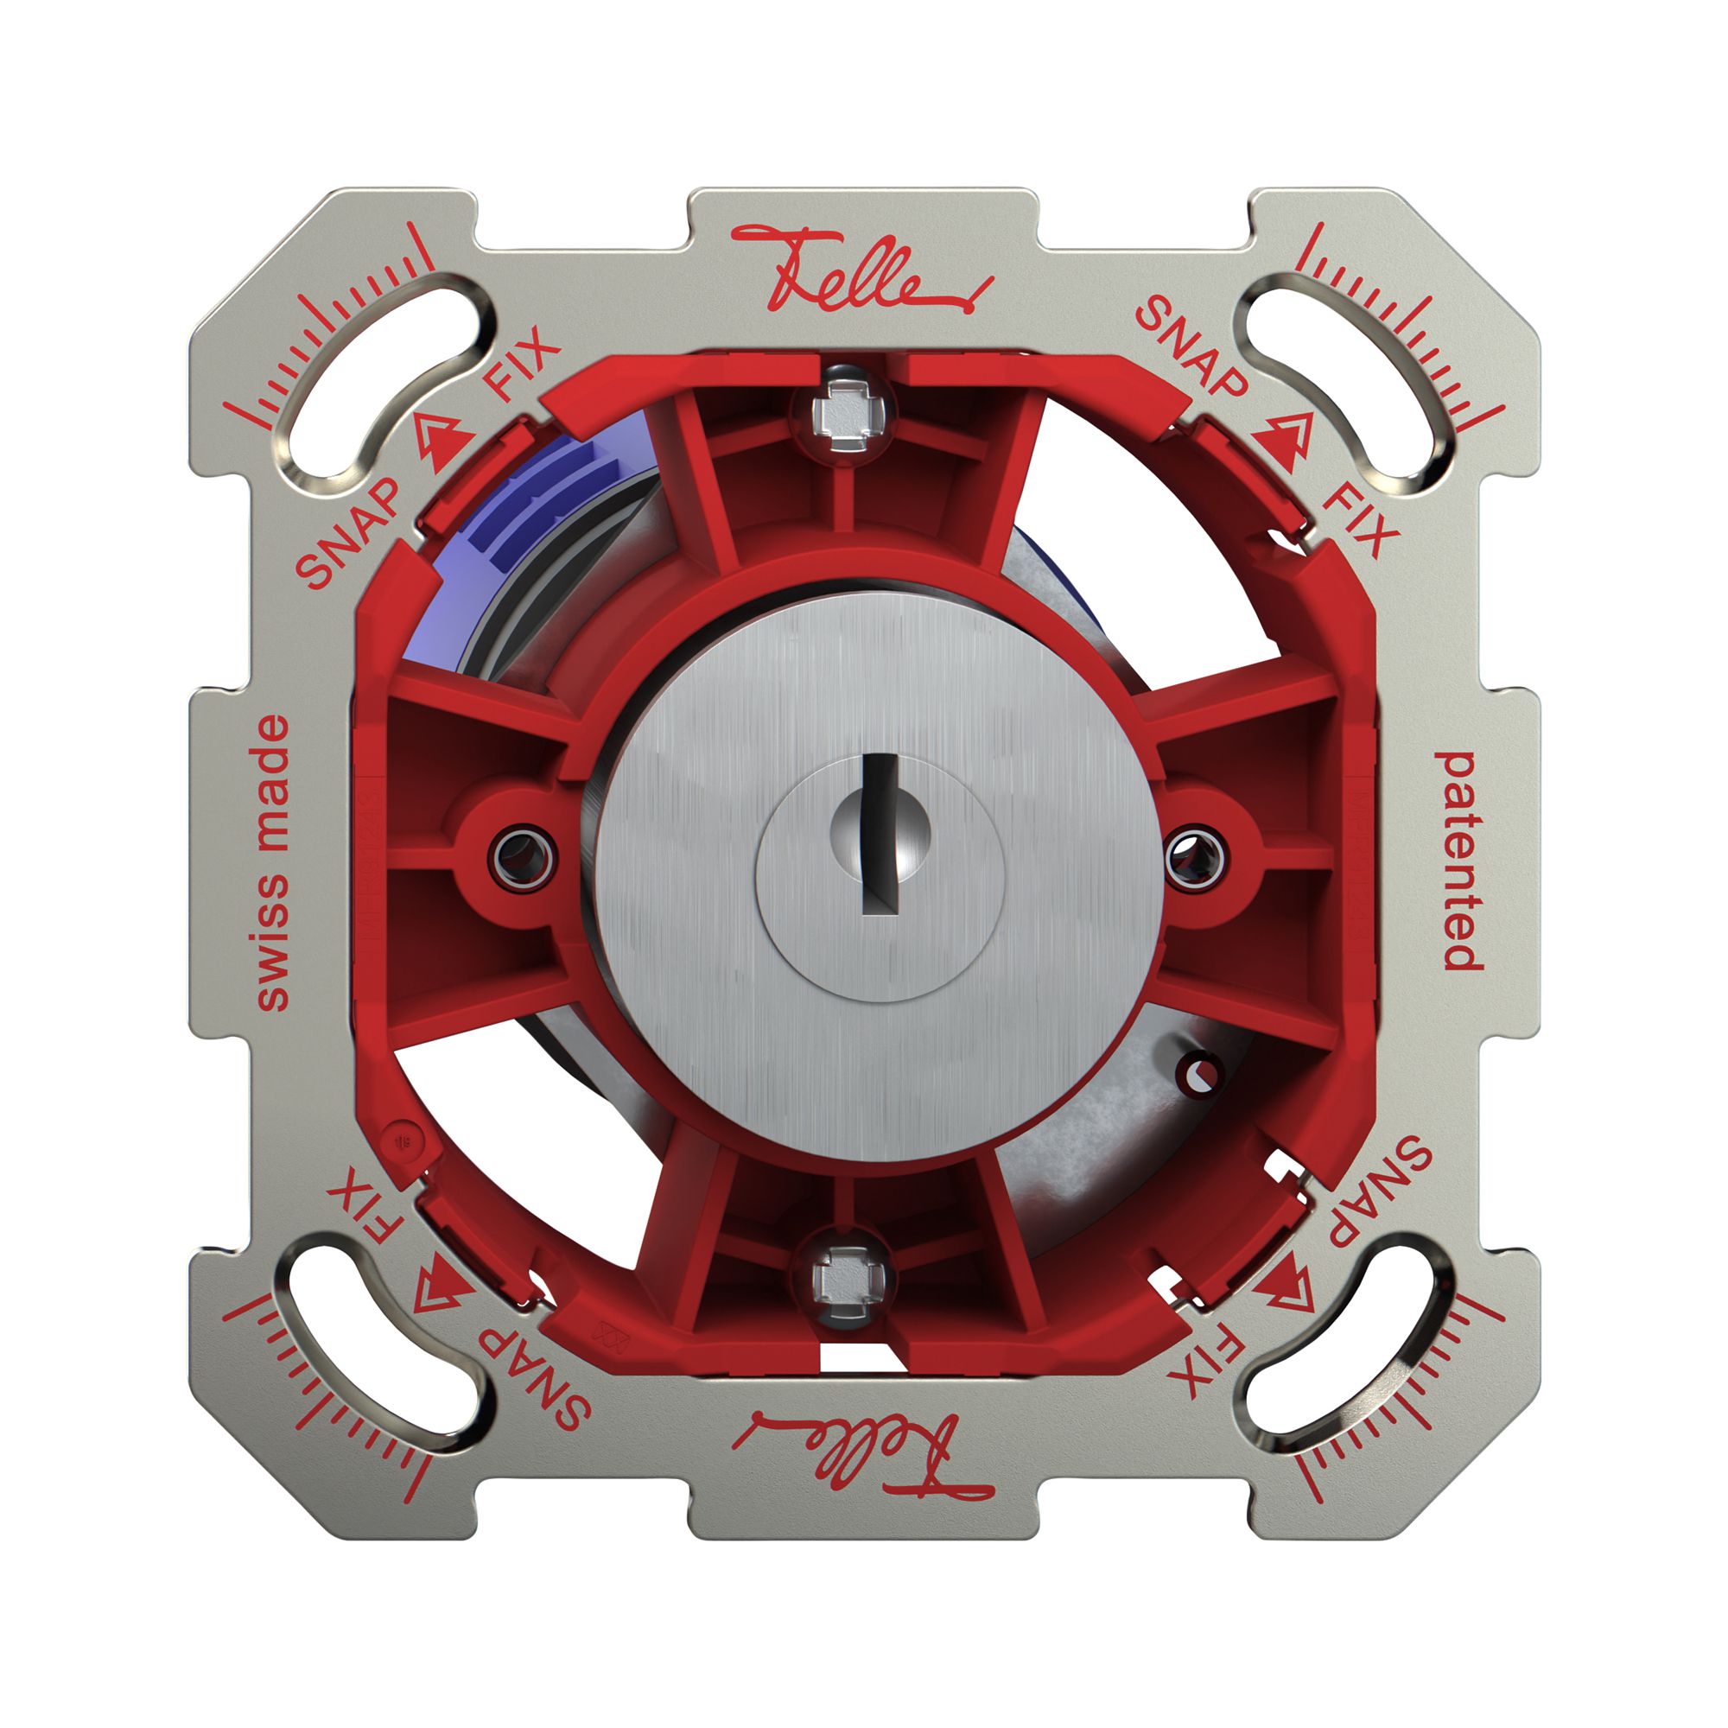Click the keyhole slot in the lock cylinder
pyautogui.click(x=882, y=835)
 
